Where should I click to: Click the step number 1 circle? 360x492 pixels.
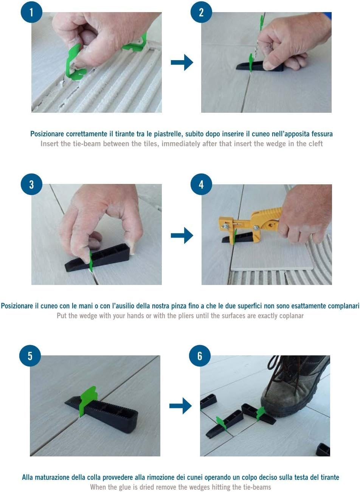(x=31, y=12)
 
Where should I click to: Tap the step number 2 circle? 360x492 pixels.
(x=201, y=12)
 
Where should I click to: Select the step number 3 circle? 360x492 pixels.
(x=31, y=184)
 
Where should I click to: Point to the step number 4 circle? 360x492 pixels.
(x=201, y=184)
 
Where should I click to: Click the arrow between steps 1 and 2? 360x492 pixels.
(x=182, y=62)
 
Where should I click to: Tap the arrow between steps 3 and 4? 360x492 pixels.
(x=182, y=235)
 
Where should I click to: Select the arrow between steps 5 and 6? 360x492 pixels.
(x=180, y=406)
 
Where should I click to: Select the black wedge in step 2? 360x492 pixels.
(x=260, y=66)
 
